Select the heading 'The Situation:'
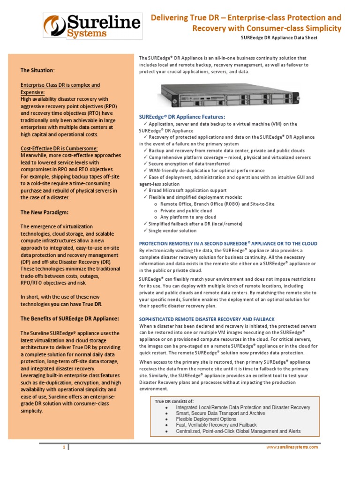(37, 70)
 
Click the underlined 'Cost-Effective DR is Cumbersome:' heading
(66, 149)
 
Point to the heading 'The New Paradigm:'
(45, 212)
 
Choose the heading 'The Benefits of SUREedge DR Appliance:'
(69, 318)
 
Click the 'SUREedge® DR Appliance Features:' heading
(182, 116)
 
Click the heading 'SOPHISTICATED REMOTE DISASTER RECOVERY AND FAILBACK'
(207, 319)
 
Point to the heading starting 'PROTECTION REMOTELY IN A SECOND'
(228, 244)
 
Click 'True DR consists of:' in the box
(174, 401)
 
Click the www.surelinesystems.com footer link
(292, 447)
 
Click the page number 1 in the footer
(64, 447)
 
